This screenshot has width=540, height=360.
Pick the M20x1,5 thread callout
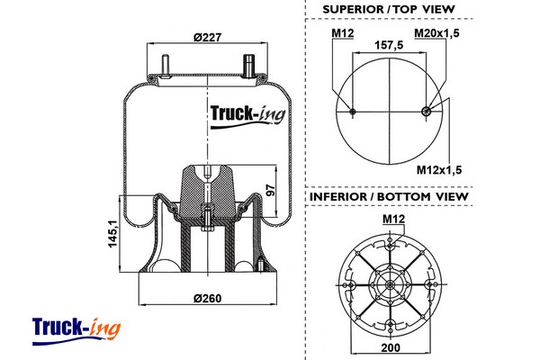pos(437,33)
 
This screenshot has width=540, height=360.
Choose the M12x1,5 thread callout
pos(440,169)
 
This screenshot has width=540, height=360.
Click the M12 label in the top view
pos(341,33)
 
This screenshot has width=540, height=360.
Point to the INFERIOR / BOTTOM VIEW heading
pos(389,196)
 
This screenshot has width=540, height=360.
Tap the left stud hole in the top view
pos(352,112)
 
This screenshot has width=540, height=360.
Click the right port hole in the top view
pos(427,112)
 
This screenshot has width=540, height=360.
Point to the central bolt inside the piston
pos(208,220)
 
